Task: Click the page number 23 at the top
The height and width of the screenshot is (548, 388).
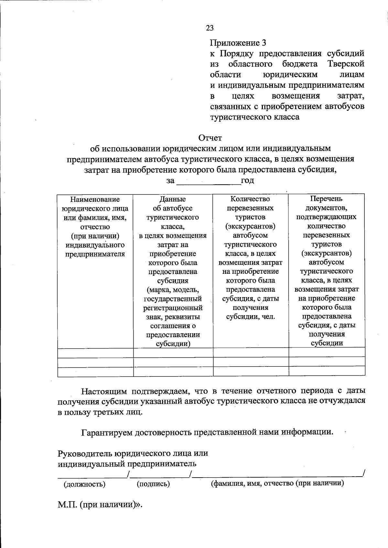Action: tap(210, 28)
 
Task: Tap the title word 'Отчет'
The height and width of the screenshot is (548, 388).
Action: tap(210, 138)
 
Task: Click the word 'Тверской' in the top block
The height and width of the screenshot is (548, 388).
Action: tap(346, 64)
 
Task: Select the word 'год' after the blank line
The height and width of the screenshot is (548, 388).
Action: tap(247, 181)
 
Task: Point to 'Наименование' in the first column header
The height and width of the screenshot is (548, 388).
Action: tap(95, 200)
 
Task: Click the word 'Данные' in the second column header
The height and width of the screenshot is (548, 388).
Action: tap(173, 200)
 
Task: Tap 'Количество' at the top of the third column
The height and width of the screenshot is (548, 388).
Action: tap(250, 199)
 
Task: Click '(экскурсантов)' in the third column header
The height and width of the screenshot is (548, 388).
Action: tap(250, 226)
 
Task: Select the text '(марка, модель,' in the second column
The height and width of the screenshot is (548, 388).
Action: tap(173, 290)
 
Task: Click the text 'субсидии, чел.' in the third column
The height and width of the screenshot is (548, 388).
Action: tap(250, 317)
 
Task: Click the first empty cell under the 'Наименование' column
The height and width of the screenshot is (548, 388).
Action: tap(95, 353)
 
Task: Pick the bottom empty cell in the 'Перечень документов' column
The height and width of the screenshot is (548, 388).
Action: tap(327, 372)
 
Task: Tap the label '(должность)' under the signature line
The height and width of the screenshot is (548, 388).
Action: tap(84, 484)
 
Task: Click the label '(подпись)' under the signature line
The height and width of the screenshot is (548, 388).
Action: tap(153, 484)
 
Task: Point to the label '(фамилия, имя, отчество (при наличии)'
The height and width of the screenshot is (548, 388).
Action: tap(277, 483)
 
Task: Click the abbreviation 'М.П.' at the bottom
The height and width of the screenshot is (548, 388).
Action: tap(67, 504)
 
